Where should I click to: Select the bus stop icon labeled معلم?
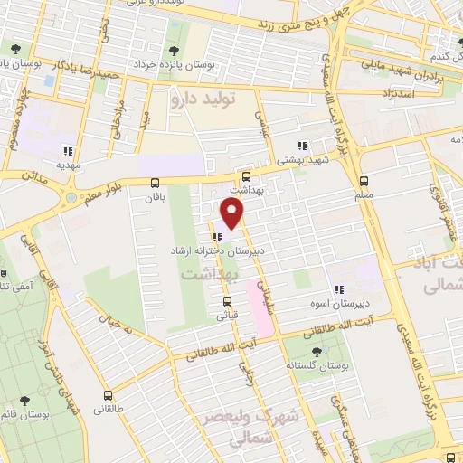(x=364, y=180)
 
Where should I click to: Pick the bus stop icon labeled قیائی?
(x=226, y=302)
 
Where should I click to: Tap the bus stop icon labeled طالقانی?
(x=109, y=395)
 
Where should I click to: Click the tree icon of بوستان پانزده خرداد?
(x=174, y=49)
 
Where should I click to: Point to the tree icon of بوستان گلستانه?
(x=315, y=352)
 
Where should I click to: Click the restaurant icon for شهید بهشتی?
(x=303, y=145)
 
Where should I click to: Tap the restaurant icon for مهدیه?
(x=66, y=151)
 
